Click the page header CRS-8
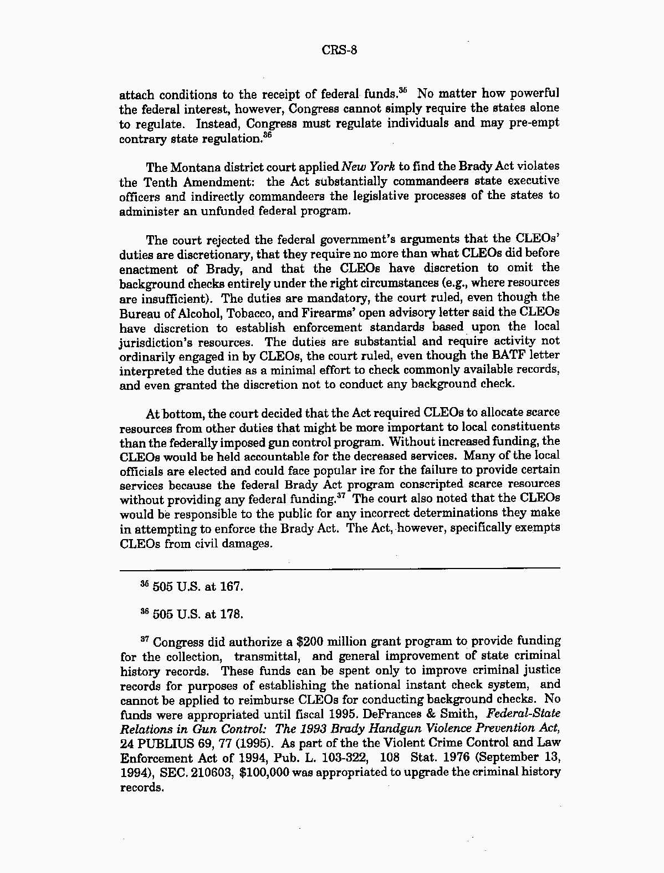pos(339,50)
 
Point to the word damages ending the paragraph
pos(247,544)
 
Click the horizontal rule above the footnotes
pos(339,569)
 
